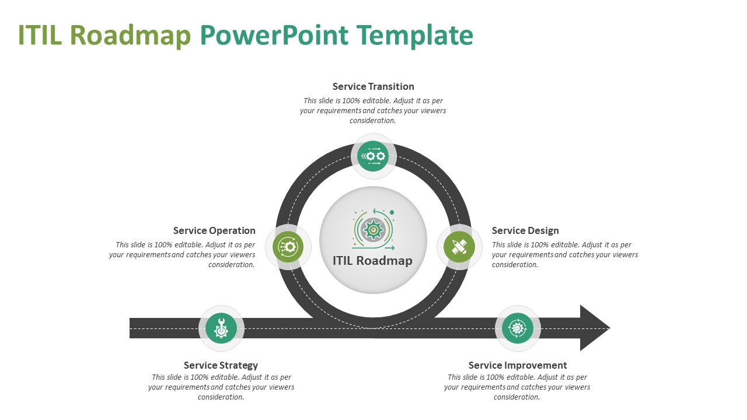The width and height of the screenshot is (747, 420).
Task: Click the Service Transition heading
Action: tap(373, 86)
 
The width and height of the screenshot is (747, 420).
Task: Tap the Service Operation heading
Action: tap(214, 230)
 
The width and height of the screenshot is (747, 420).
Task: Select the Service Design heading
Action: tap(525, 230)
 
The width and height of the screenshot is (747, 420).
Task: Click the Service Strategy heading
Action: tap(221, 365)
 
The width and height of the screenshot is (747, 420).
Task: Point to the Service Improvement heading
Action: tap(518, 365)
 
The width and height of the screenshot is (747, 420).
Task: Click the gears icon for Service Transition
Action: tap(373, 156)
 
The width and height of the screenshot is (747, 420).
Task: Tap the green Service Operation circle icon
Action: tap(288, 247)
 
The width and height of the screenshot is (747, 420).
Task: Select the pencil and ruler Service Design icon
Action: tap(459, 247)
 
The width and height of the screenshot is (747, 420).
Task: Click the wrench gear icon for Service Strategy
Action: tap(221, 328)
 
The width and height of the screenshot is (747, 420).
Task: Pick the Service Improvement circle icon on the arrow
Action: tap(518, 328)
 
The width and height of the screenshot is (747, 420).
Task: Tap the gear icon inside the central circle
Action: tap(372, 229)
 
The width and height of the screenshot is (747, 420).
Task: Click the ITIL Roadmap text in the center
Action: tap(372, 261)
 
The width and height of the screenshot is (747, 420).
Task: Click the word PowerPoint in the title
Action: tap(274, 36)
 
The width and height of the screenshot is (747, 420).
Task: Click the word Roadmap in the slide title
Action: tap(130, 36)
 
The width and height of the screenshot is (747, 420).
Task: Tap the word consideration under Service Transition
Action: tap(373, 121)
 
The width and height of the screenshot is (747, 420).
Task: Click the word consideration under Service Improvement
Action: tap(517, 397)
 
